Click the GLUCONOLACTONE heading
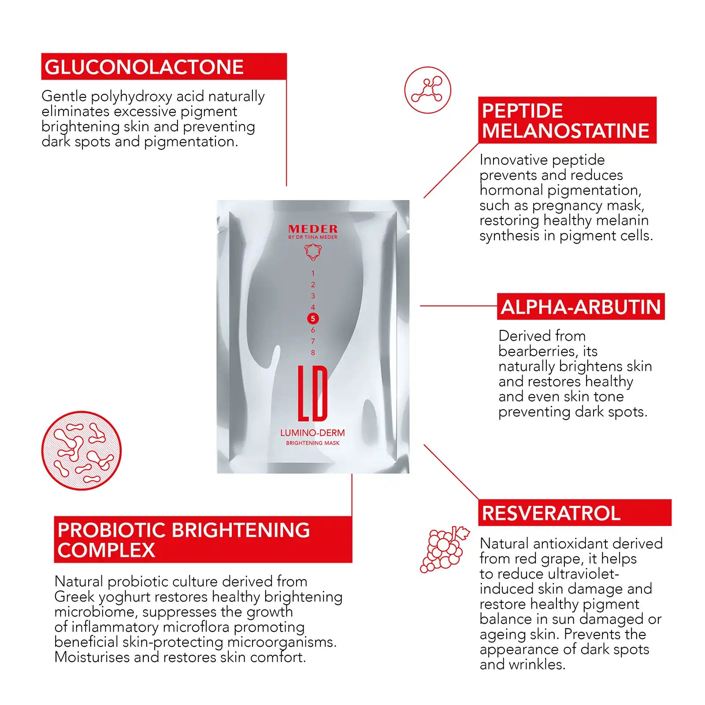pyautogui.click(x=144, y=67)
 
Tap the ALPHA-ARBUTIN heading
pyautogui.click(x=581, y=307)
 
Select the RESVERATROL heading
pyautogui.click(x=551, y=513)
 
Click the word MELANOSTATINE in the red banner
pyautogui.click(x=565, y=131)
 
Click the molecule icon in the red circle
pyautogui.click(x=427, y=90)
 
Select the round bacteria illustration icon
pyautogui.click(x=82, y=450)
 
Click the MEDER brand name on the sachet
pyautogui.click(x=313, y=229)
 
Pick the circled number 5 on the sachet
pyautogui.click(x=313, y=319)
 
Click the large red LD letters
pyautogui.click(x=312, y=393)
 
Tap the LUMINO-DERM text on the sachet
pyautogui.click(x=312, y=433)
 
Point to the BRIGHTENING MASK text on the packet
pyautogui.click(x=312, y=443)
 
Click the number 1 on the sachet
pyautogui.click(x=313, y=273)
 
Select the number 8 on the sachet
pyautogui.click(x=313, y=352)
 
